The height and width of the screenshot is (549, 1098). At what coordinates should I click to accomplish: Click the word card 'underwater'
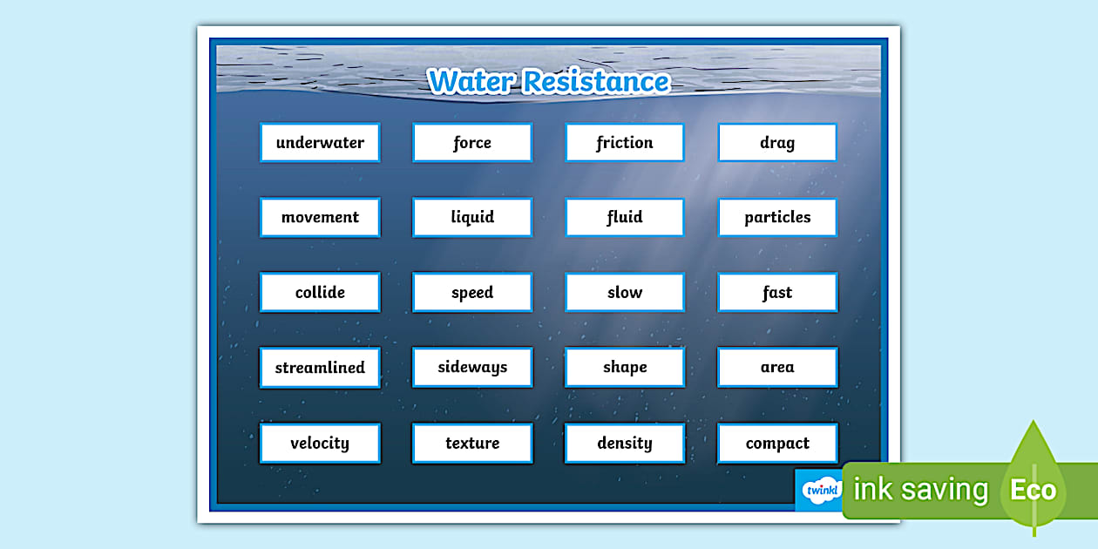[x=320, y=143]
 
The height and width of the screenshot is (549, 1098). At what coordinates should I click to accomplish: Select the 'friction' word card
[x=625, y=143]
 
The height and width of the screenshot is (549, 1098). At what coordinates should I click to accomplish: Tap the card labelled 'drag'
[x=777, y=143]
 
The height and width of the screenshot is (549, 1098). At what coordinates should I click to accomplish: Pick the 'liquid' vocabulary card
[x=472, y=218]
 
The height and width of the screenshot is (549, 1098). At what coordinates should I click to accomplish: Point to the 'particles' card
[x=777, y=218]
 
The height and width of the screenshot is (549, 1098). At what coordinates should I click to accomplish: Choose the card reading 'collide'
[x=320, y=293]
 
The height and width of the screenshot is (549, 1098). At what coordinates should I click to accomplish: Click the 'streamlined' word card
[x=320, y=368]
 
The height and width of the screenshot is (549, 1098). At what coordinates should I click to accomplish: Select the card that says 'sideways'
[x=472, y=368]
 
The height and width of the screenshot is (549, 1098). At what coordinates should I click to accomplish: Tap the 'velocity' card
[x=320, y=444]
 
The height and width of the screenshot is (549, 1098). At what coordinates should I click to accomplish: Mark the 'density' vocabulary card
[x=625, y=444]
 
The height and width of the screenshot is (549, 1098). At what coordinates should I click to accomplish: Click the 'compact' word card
[x=777, y=444]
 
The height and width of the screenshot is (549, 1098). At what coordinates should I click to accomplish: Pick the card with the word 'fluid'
[x=625, y=218]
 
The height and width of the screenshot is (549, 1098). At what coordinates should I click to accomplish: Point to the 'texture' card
[x=472, y=444]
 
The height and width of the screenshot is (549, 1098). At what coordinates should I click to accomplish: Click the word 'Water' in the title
[x=471, y=81]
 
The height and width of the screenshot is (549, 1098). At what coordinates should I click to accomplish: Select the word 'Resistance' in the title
[x=596, y=81]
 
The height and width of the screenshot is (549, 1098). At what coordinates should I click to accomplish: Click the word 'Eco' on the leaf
[x=1033, y=490]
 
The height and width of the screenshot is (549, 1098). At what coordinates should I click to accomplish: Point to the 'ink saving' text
[x=920, y=490]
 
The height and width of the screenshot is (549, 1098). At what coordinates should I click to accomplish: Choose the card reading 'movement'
[x=320, y=218]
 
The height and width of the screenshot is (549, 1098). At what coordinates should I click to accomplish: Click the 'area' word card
[x=777, y=368]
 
